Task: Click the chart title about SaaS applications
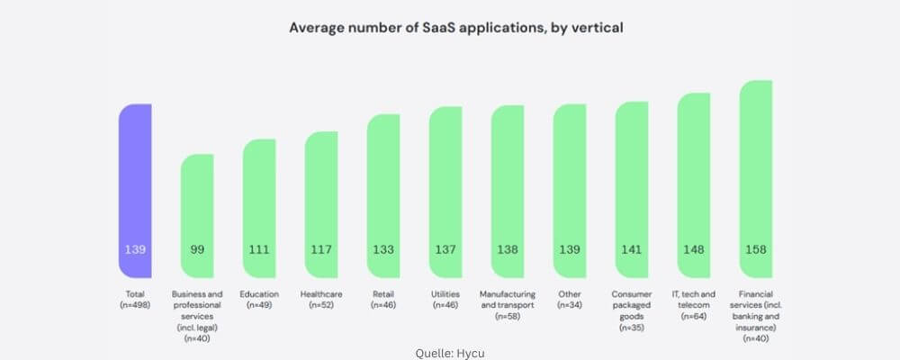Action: [x=455, y=28]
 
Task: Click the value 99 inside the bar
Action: [x=197, y=249]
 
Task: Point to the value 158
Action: [x=756, y=249]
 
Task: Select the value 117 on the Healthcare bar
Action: [x=321, y=249]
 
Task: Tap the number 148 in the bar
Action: [x=694, y=249]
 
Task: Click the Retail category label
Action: [x=383, y=294]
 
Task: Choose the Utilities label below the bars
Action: [x=445, y=294]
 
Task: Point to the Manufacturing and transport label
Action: [x=508, y=304]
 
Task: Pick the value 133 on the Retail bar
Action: [x=383, y=249]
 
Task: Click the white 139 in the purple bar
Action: [x=135, y=249]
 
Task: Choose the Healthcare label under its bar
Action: [x=321, y=294]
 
